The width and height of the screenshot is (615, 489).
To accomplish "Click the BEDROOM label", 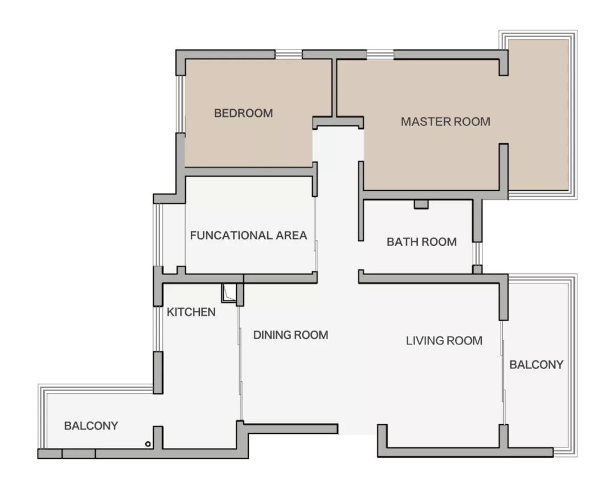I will (x=243, y=113).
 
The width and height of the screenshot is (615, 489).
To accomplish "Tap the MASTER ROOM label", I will (x=445, y=121).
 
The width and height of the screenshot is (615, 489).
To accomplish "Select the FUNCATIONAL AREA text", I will (x=248, y=235).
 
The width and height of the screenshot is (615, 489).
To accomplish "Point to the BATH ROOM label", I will (x=421, y=242).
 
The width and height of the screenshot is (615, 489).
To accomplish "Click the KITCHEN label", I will (x=191, y=312).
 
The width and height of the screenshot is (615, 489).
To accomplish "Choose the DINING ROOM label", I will (x=290, y=335).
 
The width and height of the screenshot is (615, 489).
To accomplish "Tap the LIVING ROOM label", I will (x=444, y=340).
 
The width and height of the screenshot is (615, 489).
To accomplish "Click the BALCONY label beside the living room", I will (x=536, y=364).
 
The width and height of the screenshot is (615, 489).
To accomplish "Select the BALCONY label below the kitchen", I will (x=91, y=425).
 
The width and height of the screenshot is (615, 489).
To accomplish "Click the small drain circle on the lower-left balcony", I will (x=148, y=443).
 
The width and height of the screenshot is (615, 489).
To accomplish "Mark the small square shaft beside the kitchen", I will (x=228, y=293).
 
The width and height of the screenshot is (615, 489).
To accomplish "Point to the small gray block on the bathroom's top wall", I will (x=421, y=204).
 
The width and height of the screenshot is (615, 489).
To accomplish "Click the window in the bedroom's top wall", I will (x=288, y=55).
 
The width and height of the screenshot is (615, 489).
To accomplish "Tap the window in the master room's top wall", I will (x=380, y=55).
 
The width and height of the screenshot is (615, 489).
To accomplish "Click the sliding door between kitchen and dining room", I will (x=240, y=364).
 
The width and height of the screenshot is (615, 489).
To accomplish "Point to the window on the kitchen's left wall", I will (x=157, y=329).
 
